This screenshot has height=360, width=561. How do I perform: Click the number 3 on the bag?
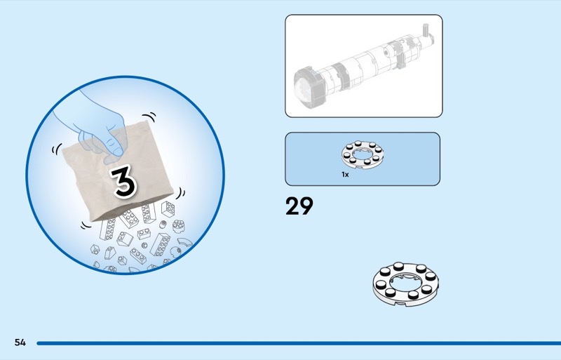click(123, 181)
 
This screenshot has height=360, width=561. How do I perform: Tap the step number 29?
click(299, 206)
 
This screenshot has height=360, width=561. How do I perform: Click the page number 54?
click(20, 342)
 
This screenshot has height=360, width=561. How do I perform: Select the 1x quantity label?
click(345, 175)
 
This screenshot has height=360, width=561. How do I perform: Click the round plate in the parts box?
click(363, 154)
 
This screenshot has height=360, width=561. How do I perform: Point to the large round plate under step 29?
click(405, 284)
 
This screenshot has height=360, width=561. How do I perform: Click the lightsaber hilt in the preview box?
click(364, 67)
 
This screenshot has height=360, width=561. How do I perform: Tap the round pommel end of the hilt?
click(309, 87)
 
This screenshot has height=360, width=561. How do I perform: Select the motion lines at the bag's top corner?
click(149, 117)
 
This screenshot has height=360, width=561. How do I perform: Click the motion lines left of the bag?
click(57, 149)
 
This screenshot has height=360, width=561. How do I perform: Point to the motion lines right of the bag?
click(180, 194)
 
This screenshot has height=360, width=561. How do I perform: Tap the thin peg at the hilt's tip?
click(426, 29)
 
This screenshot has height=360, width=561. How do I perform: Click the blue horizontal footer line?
click(299, 343)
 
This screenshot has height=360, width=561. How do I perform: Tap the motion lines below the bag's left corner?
click(86, 225)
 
